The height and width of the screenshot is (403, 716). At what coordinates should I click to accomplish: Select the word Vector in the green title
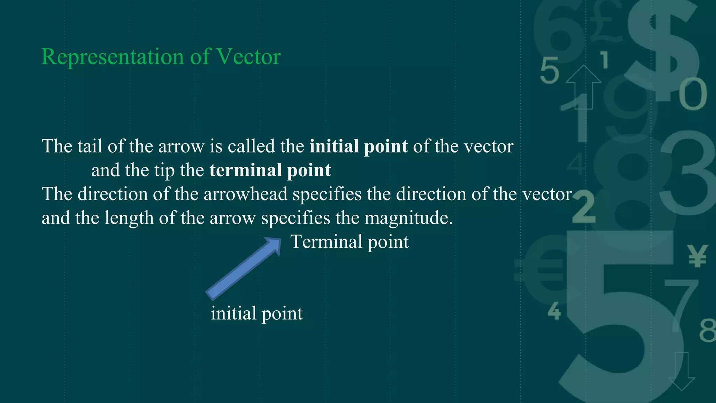[x=249, y=57]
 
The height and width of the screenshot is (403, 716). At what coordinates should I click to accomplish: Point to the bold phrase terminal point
[x=270, y=170]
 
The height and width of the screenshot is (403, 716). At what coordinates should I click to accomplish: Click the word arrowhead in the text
[x=245, y=194]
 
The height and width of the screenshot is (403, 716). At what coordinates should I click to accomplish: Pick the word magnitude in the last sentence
[x=408, y=218]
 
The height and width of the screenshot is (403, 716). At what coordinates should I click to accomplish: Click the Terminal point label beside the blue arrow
[x=350, y=242]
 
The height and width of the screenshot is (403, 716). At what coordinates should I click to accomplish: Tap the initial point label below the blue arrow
[x=257, y=313]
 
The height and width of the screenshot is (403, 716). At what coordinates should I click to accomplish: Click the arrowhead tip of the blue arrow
[x=278, y=241]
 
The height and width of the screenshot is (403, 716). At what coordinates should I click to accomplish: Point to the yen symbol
[x=697, y=256]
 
